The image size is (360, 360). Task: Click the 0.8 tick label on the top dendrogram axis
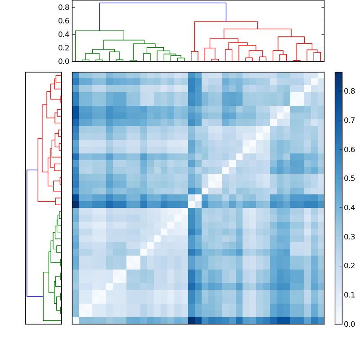(64, 7)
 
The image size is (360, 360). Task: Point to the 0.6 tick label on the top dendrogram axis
(64, 21)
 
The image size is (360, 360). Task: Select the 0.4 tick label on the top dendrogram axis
(64, 34)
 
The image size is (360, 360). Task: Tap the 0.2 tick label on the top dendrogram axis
(64, 48)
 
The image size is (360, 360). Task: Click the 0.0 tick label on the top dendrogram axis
(64, 61)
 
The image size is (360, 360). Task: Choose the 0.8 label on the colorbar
(350, 91)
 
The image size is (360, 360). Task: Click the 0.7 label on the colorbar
(350, 120)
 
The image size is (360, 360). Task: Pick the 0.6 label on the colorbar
(350, 149)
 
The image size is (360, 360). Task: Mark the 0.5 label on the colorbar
(350, 179)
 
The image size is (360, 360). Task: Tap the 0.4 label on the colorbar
(350, 207)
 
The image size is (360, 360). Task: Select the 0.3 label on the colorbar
(350, 237)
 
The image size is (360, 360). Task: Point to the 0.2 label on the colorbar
(350, 265)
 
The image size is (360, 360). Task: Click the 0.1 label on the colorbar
(350, 295)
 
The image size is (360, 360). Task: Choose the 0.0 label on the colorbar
(350, 324)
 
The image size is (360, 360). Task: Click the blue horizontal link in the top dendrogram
(162, 3)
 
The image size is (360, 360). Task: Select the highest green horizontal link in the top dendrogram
(99, 31)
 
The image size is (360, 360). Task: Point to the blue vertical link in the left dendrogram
(27, 233)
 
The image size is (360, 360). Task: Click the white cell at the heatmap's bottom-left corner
(75, 320)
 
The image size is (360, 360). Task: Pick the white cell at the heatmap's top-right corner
(321, 75)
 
